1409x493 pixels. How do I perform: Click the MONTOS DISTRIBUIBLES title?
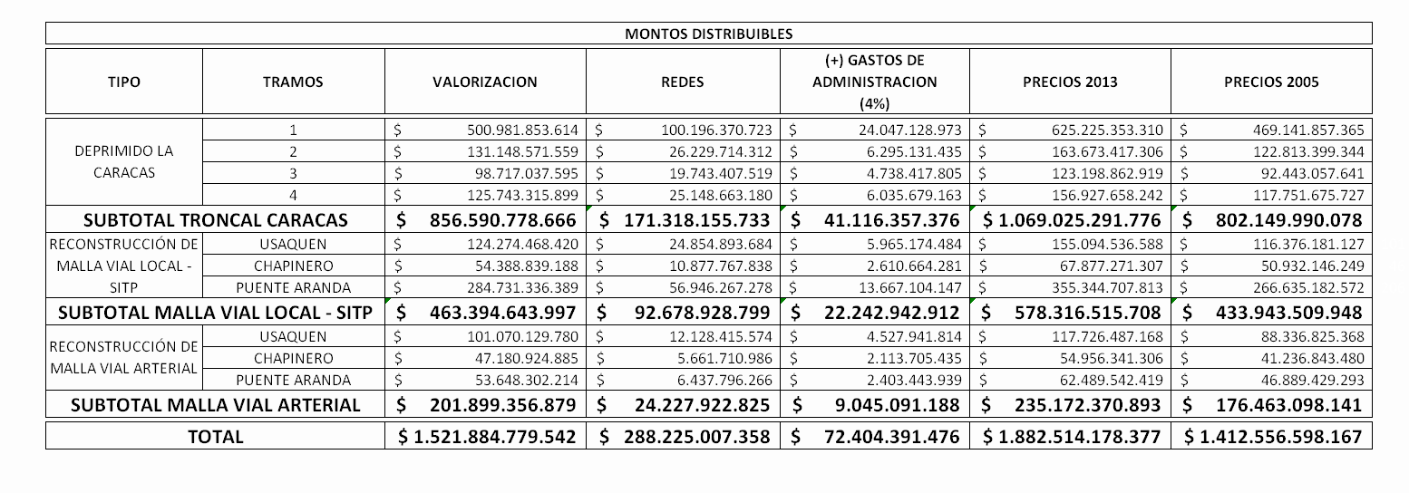708,34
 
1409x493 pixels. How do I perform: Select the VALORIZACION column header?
485,82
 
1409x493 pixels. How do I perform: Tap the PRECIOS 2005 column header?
1271,82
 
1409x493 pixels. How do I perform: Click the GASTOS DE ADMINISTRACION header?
874,82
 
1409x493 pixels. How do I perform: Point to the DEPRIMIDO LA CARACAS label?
124,161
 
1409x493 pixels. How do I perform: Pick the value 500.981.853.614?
523,130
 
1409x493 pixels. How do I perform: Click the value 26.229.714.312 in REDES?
716,151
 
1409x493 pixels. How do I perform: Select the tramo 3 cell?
293,173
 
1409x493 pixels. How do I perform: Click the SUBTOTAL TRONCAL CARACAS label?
216,220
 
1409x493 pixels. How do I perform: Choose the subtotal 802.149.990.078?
1288,220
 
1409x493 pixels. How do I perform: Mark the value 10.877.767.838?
716,266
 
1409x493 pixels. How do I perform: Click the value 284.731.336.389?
523,288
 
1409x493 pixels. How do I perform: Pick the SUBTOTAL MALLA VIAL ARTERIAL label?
216,405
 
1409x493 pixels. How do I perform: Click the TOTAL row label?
216,437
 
